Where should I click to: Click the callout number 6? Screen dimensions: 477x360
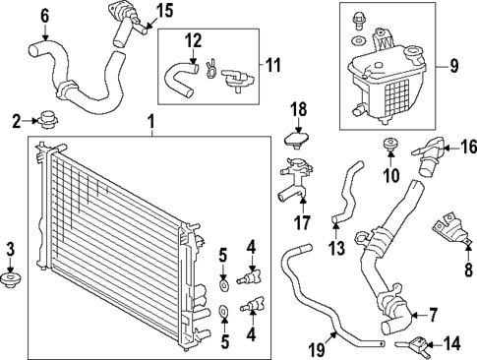click(45, 17)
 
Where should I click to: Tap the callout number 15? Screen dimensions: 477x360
click(165, 12)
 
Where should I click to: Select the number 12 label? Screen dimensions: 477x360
click(194, 41)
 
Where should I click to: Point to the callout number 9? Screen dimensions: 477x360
click(453, 66)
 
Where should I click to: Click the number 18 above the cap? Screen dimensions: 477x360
click(299, 110)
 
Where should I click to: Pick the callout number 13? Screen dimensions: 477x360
click(337, 248)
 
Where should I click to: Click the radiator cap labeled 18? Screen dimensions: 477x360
click(297, 140)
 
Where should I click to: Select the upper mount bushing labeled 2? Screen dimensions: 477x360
click(47, 120)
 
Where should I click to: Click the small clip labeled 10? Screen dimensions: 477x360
click(390, 145)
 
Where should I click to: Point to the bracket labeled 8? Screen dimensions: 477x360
click(450, 229)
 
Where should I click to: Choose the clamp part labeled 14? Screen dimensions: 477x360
click(412, 344)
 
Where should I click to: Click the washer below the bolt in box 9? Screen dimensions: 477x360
click(359, 41)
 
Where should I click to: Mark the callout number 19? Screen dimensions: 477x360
click(318, 350)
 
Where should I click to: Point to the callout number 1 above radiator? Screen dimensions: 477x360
click(150, 122)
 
